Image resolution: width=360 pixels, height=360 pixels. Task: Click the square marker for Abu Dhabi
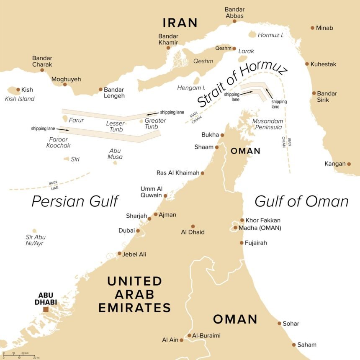(x=46, y=309)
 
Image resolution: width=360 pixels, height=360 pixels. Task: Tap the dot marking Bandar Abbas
(x=234, y=21)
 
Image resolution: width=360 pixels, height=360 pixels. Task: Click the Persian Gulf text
(x=75, y=201)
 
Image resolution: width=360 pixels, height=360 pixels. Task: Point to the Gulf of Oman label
(x=301, y=201)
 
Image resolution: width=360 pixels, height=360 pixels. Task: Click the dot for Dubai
(x=138, y=230)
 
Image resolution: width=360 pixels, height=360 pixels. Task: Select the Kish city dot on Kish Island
(x=18, y=90)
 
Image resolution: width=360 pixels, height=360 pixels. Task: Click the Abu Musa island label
(x=115, y=154)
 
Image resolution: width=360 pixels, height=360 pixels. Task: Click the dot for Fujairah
(x=242, y=243)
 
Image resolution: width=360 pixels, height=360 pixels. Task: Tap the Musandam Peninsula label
(x=267, y=123)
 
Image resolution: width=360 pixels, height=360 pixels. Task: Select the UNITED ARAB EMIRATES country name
(x=134, y=294)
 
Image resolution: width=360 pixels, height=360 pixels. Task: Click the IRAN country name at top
(x=180, y=23)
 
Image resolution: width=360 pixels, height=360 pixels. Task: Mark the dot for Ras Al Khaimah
(x=203, y=173)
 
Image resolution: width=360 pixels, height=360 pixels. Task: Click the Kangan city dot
(x=349, y=164)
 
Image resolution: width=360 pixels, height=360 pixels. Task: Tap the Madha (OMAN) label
(x=260, y=228)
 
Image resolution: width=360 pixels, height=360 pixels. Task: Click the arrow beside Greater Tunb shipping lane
(x=152, y=113)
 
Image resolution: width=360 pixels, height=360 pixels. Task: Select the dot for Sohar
(x=280, y=323)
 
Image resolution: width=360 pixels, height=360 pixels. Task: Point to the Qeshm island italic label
(x=203, y=61)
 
